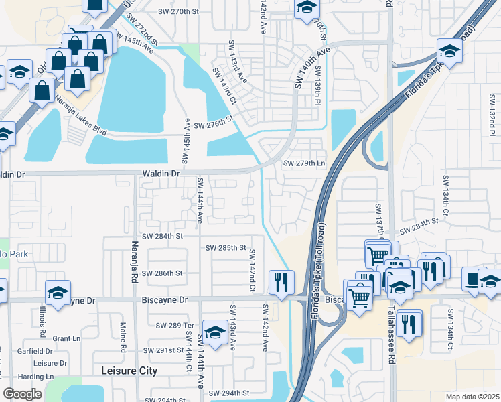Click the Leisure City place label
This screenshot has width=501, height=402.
pyautogui.click(x=129, y=371)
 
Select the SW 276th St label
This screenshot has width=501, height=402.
pyautogui.click(x=212, y=123)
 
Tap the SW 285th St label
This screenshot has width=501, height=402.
pyautogui.click(x=226, y=247)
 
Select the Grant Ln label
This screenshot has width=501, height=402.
pyautogui.click(x=66, y=338)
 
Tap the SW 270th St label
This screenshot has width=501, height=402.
pyautogui.click(x=179, y=12)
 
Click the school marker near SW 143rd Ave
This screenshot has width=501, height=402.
pyautogui.click(x=215, y=333)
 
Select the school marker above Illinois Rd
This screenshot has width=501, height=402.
pyautogui.click(x=58, y=292)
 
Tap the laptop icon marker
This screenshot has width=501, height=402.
pyautogui.click(x=474, y=279)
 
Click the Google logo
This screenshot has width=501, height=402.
pyautogui.click(x=22, y=394)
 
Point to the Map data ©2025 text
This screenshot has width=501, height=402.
pyautogui.click(x=472, y=397)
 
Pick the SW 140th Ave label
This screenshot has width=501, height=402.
pyautogui.click(x=313, y=66)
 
